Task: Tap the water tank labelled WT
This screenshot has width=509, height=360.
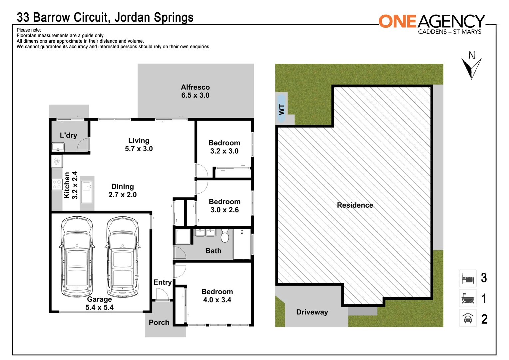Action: click(x=281, y=109)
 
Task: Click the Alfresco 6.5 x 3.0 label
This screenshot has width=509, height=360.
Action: click(x=195, y=91)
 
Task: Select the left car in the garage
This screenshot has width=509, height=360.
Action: click(x=77, y=257)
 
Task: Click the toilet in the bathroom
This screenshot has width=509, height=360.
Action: click(x=225, y=236)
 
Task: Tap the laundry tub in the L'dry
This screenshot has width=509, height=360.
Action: click(x=58, y=147)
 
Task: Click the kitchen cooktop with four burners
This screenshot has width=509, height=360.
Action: click(x=57, y=185)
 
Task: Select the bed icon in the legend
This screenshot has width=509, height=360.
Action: click(x=468, y=278)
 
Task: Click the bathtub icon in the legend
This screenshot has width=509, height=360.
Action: click(x=468, y=298)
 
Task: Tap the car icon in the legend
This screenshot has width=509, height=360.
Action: click(x=468, y=319)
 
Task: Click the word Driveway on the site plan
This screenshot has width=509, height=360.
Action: click(x=312, y=312)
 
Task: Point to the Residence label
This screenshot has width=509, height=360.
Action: click(x=355, y=205)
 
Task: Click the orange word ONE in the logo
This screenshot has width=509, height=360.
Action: click(x=397, y=22)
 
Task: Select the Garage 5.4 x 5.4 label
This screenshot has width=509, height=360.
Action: click(x=99, y=303)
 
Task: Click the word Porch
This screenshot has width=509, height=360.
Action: click(x=159, y=323)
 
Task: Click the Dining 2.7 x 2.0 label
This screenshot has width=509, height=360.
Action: click(x=123, y=191)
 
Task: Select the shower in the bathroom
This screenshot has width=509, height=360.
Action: click(x=183, y=236)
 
